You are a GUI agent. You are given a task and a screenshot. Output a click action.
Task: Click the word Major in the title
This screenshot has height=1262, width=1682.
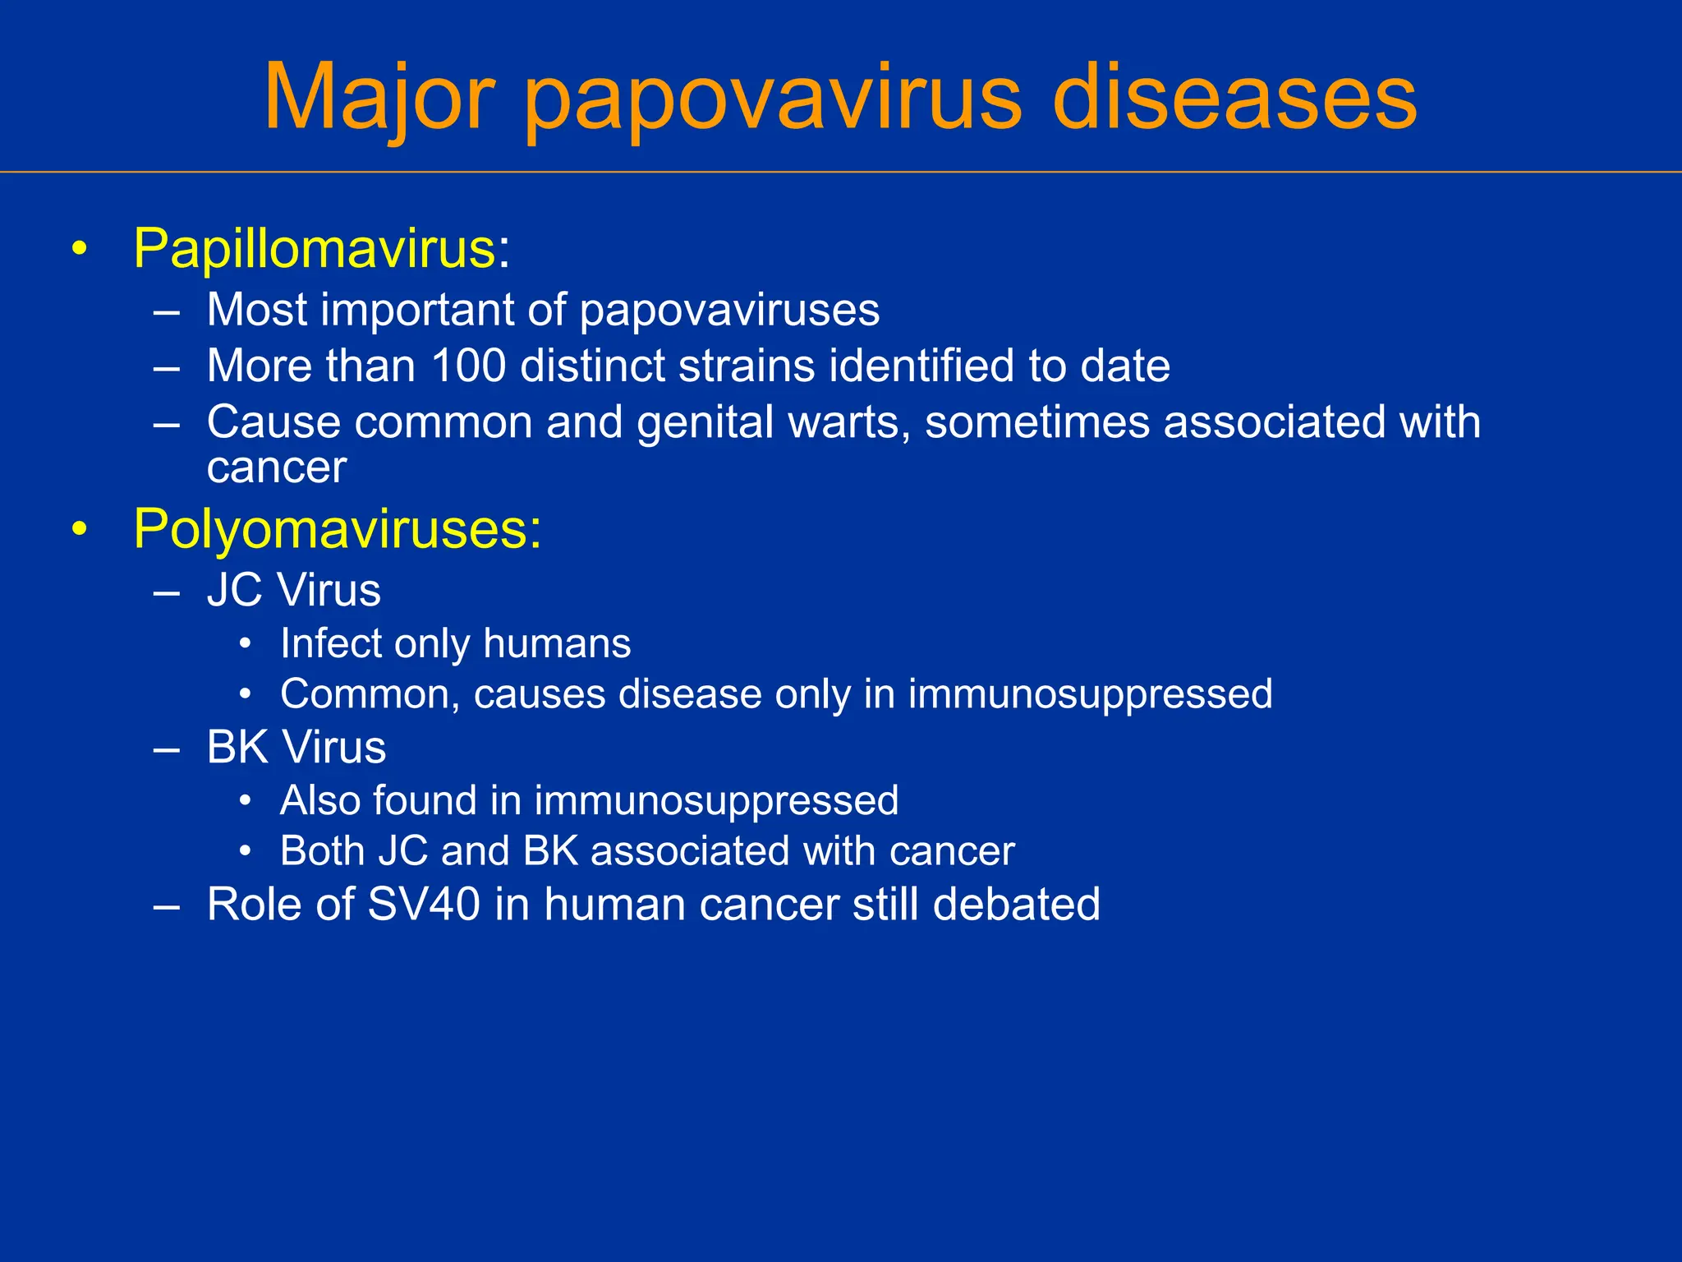point(379,97)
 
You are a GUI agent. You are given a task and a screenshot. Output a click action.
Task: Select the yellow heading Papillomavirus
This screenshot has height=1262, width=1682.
point(315,247)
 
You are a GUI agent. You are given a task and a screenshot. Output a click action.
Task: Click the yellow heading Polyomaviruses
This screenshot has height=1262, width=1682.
point(337,528)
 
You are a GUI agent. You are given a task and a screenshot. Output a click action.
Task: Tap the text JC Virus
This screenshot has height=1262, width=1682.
point(294,590)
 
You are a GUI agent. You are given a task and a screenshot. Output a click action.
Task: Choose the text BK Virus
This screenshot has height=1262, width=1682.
point(296,748)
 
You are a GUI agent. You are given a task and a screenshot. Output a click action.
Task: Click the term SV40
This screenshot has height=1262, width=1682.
point(423,905)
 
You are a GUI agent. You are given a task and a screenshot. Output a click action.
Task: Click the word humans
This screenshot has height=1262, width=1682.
point(557,643)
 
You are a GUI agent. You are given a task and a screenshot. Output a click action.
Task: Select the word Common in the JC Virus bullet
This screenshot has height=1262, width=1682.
point(365,694)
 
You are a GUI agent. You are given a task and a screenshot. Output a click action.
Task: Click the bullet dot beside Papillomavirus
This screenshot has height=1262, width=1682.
point(79,248)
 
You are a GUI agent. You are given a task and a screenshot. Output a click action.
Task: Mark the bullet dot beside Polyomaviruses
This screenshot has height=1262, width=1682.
point(79,529)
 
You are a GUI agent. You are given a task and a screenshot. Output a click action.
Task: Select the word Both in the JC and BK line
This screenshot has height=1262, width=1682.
point(322,851)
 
